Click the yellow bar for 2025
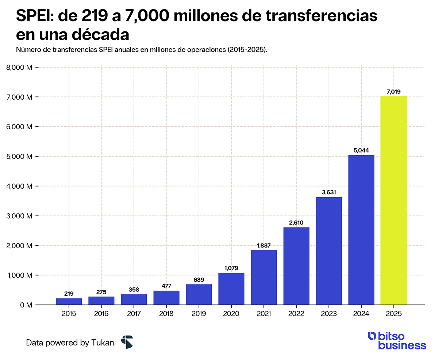pyautogui.click(x=393, y=200)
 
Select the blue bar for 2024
pyautogui.click(x=361, y=230)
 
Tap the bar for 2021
pyautogui.click(x=264, y=277)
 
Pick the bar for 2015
pyautogui.click(x=69, y=302)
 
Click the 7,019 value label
pyautogui.click(x=393, y=92)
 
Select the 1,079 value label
pyautogui.click(x=231, y=268)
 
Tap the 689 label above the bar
pyautogui.click(x=199, y=280)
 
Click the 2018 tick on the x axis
pyautogui.click(x=166, y=314)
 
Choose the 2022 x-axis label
pyautogui.click(x=296, y=314)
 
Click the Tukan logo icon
pyautogui.click(x=127, y=342)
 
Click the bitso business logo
pyautogui.click(x=396, y=340)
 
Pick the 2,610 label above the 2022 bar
pyautogui.click(x=296, y=223)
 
